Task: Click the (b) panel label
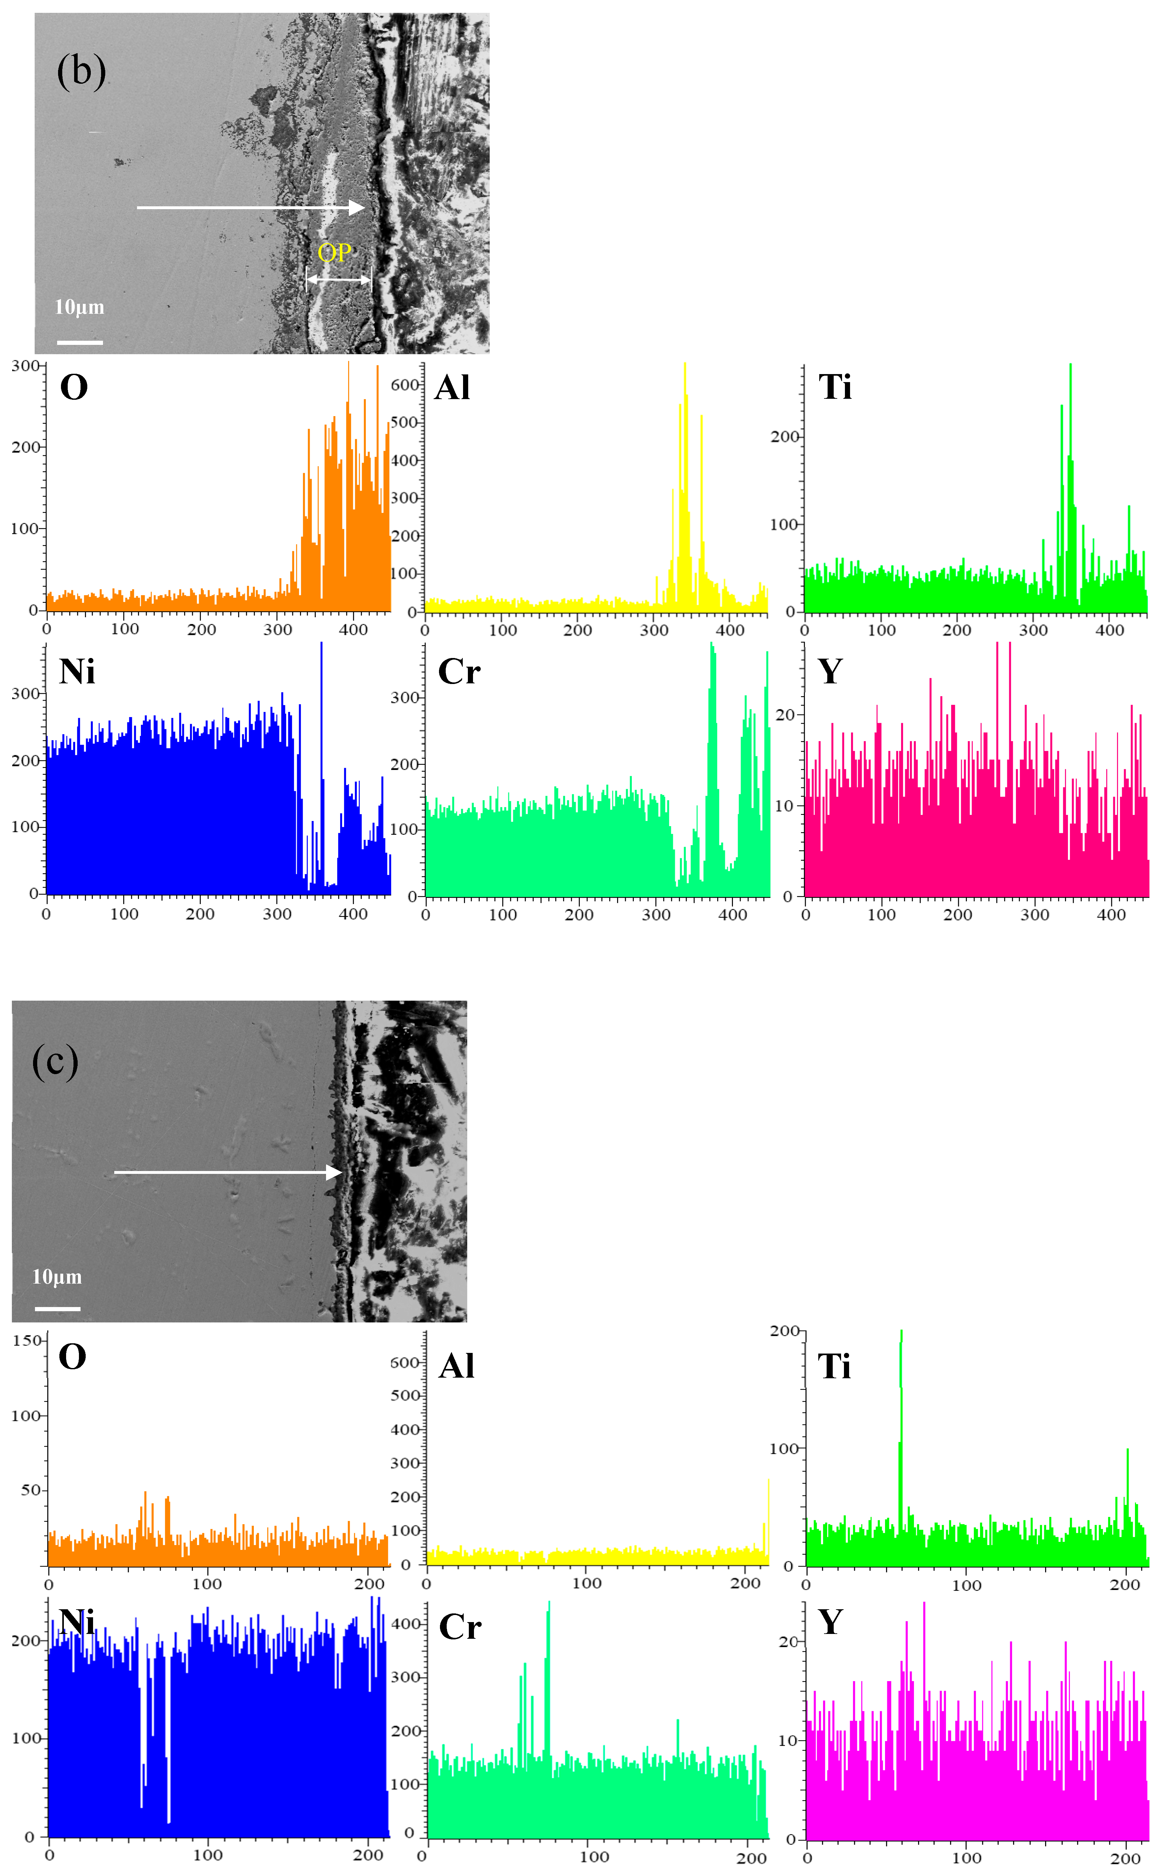82,71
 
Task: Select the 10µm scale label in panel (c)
57,1277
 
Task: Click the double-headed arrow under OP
339,279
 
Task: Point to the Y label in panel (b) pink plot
830,671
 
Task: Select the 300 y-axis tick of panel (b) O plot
25,366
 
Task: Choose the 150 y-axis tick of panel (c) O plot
27,1341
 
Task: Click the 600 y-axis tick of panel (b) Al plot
405,385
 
